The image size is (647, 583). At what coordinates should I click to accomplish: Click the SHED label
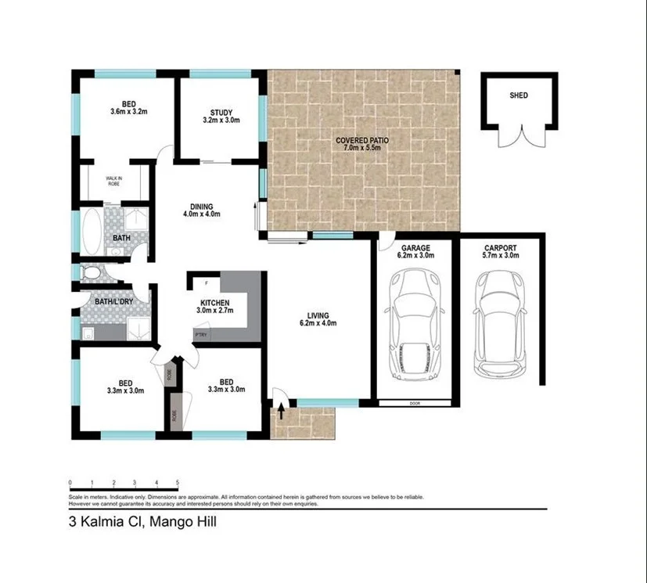coord(518,95)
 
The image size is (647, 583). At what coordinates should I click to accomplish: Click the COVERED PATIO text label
coord(362,145)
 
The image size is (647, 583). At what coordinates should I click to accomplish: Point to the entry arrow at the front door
coord(281,408)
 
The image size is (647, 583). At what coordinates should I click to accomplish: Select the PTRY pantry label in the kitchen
coord(200,336)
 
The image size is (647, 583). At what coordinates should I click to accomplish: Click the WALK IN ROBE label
coord(114,182)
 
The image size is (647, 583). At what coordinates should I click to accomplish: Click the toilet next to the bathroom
coord(91,273)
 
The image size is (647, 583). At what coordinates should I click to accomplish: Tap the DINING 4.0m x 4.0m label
coord(201,211)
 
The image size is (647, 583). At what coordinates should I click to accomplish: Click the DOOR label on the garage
coord(414,404)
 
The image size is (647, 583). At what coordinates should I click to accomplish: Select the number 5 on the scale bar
coord(178,482)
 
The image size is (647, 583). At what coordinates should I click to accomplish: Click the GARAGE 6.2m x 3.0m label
coord(415,250)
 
